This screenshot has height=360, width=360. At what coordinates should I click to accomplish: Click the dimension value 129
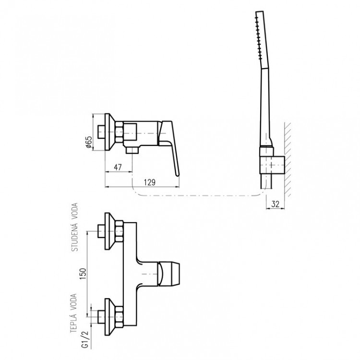pyautogui.click(x=149, y=182)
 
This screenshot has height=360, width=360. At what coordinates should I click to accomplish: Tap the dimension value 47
pyautogui.click(x=118, y=167)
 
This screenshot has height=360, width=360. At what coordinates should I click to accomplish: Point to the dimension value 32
pyautogui.click(x=275, y=204)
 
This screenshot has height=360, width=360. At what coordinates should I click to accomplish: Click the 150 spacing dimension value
pyautogui.click(x=83, y=274)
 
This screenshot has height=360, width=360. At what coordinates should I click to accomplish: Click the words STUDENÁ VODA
pyautogui.click(x=75, y=227)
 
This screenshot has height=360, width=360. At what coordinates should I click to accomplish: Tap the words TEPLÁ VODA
pyautogui.click(x=73, y=313)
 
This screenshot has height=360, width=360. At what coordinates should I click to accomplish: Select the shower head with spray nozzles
pyautogui.click(x=262, y=40)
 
